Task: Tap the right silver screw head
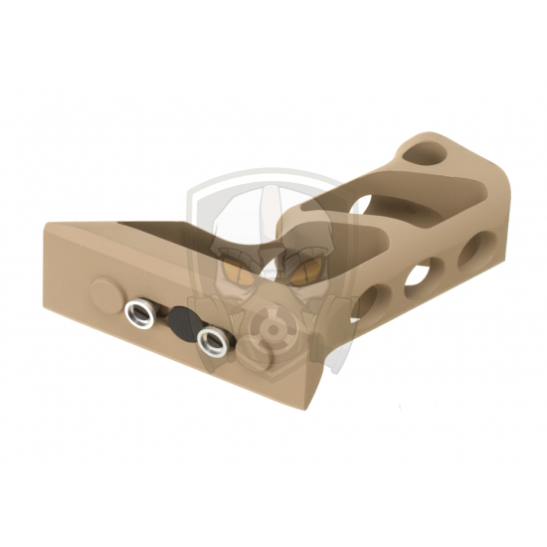click(x=210, y=340)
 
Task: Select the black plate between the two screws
click(x=180, y=323)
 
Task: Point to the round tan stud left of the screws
click(x=103, y=292)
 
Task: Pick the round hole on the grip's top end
click(x=425, y=154)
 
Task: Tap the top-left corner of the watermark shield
click(x=197, y=185)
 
